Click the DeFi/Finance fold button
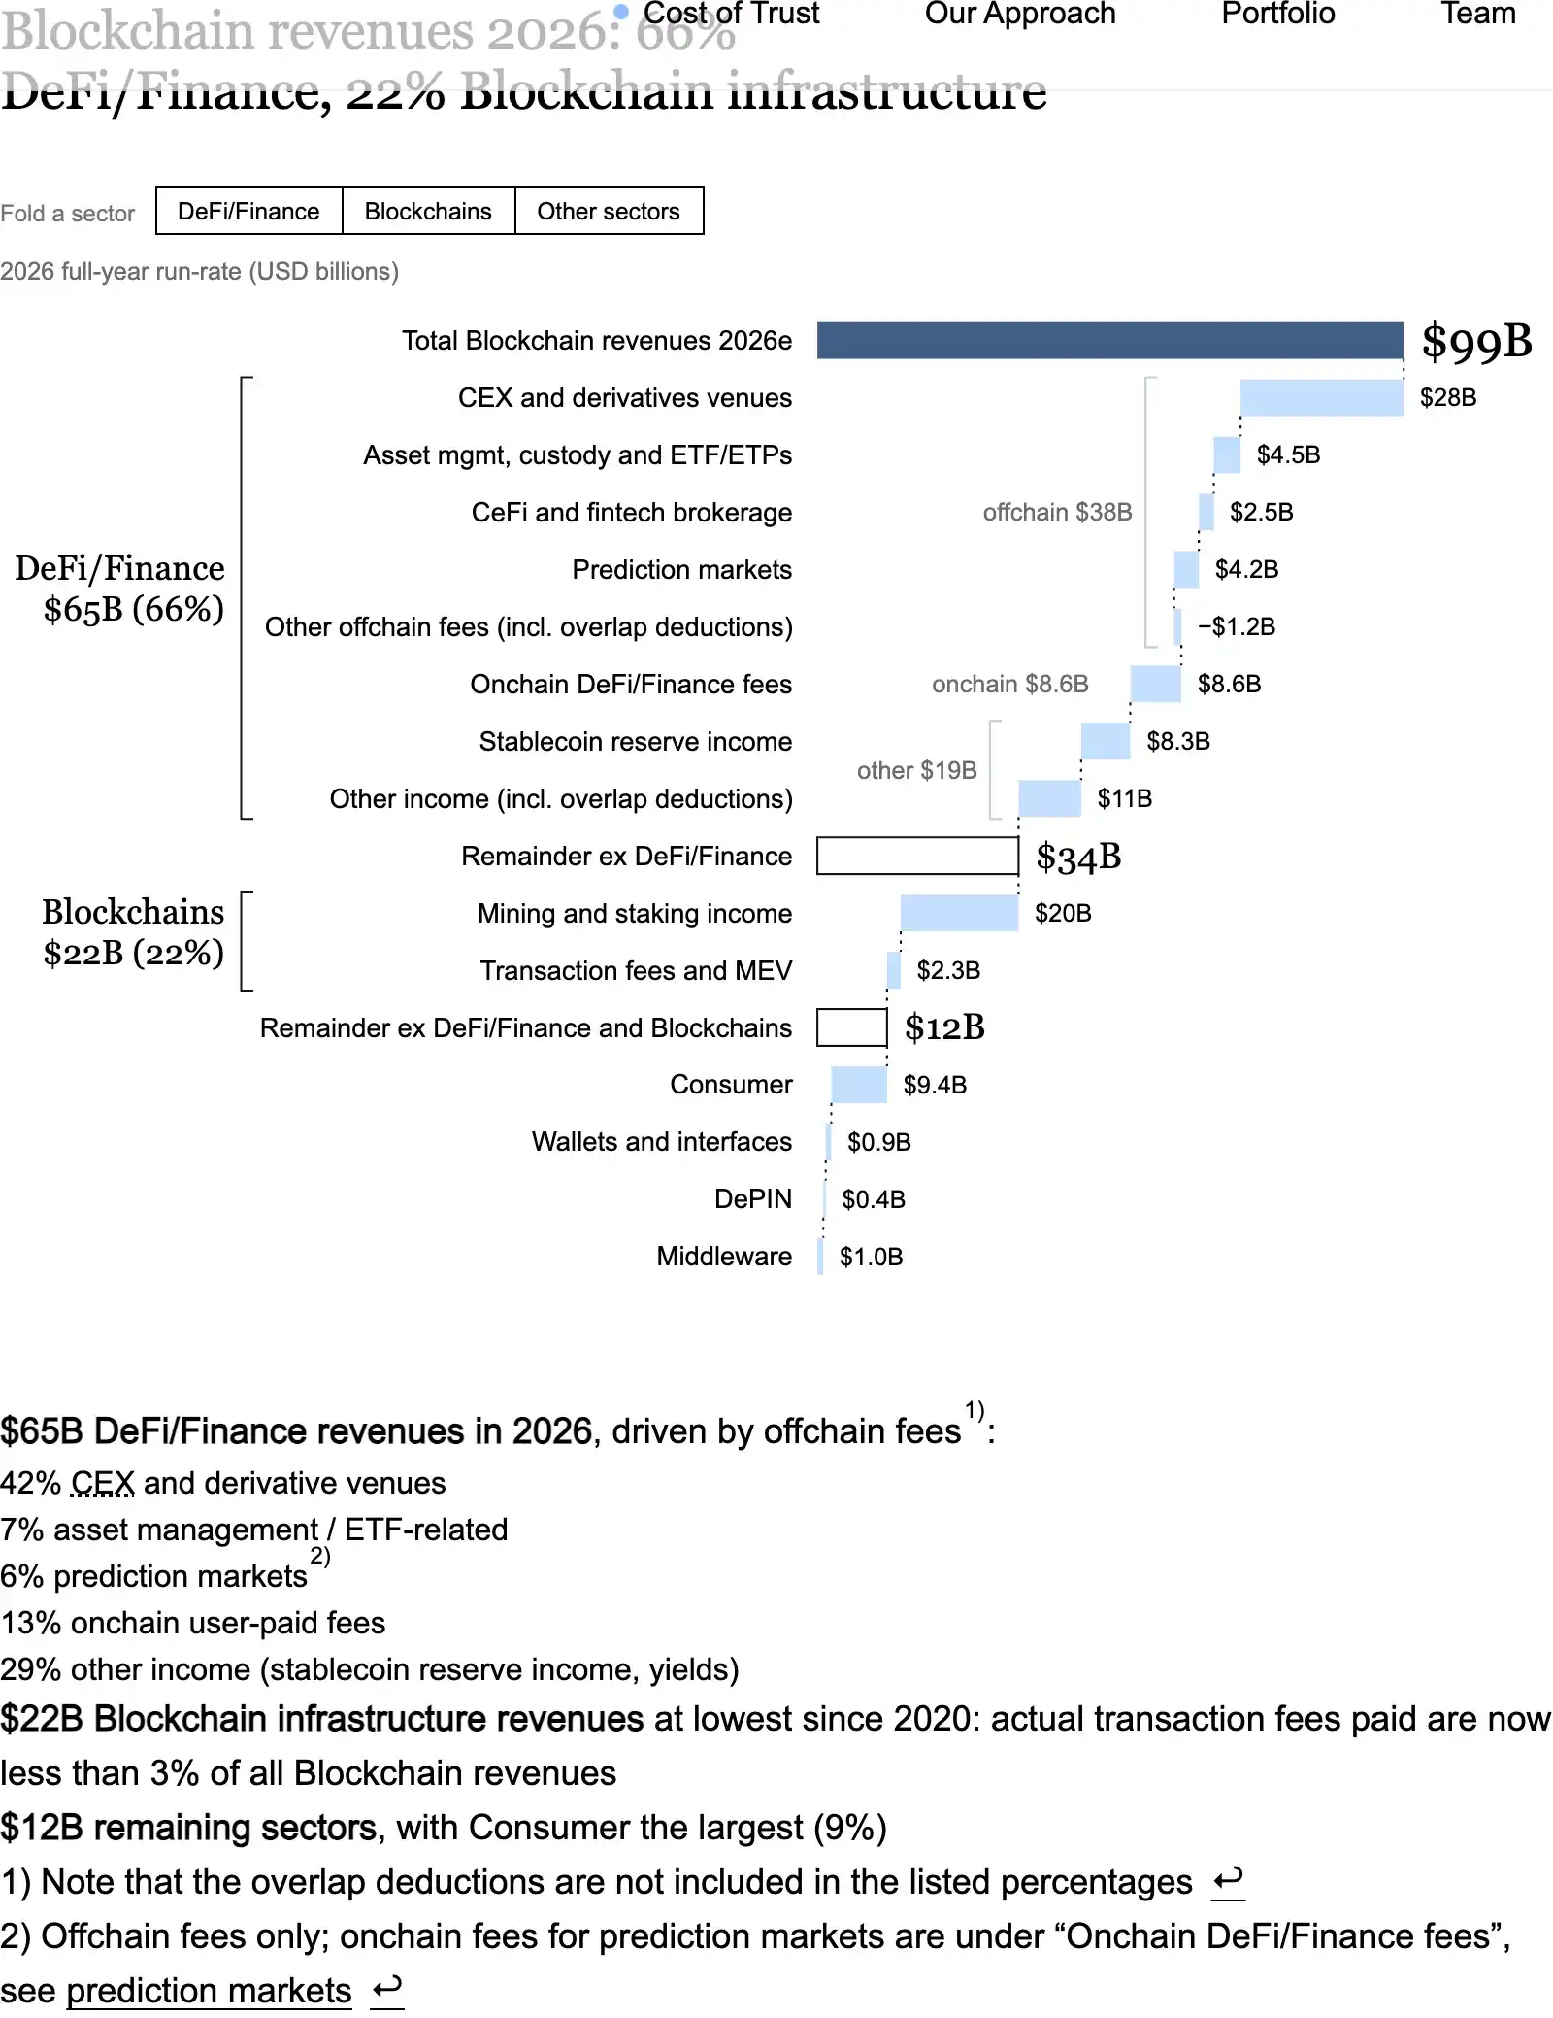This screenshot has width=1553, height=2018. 249,211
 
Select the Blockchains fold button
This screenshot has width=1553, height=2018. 428,211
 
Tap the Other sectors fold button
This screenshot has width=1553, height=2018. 609,211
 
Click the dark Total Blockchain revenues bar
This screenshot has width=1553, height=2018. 1110,341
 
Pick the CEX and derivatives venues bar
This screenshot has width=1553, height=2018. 1322,398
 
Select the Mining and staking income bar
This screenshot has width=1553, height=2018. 959,914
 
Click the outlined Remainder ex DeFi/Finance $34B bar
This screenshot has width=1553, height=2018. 917,856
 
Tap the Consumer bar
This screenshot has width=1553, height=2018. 859,1085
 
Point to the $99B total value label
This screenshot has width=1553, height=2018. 1477,342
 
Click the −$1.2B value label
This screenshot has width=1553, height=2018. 1237,626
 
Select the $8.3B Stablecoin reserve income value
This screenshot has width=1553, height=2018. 1178,741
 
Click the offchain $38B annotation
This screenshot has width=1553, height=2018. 1057,512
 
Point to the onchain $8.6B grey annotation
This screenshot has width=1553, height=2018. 1010,684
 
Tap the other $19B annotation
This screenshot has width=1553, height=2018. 916,770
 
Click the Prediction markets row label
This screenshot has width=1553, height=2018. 681,570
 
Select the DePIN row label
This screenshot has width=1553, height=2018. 753,1199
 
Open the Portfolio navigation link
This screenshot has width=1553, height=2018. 1278,14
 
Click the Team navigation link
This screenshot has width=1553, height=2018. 1478,14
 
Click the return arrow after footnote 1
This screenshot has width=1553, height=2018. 1229,1881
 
